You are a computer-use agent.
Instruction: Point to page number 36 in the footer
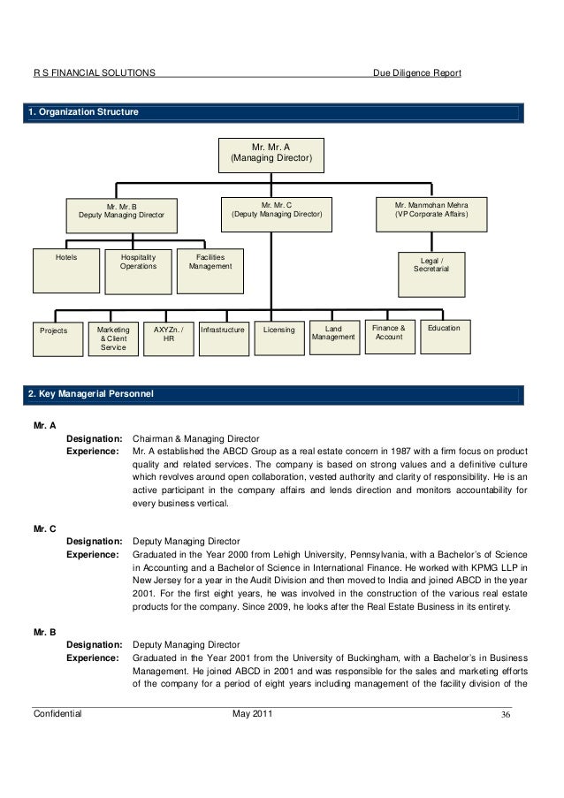click(x=507, y=714)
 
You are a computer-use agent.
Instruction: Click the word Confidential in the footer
click(x=57, y=713)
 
